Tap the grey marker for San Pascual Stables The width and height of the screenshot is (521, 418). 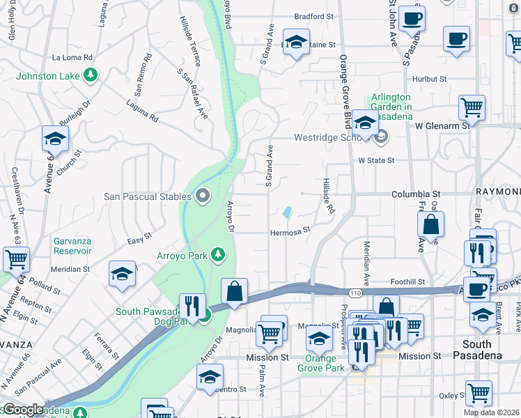tap(203, 196)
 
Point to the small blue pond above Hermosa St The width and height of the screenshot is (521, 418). tap(288, 212)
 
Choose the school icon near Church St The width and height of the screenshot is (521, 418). tap(55, 139)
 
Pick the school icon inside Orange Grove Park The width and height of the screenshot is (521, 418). tap(319, 339)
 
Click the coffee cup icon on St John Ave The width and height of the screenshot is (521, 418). tap(412, 18)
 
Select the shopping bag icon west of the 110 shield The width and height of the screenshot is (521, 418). tap(235, 291)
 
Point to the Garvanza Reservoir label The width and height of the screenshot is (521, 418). tap(72, 246)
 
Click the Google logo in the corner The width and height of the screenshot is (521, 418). tap(22, 410)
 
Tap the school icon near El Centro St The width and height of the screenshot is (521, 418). tap(210, 377)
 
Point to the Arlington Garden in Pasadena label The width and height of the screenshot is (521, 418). tap(401, 107)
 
